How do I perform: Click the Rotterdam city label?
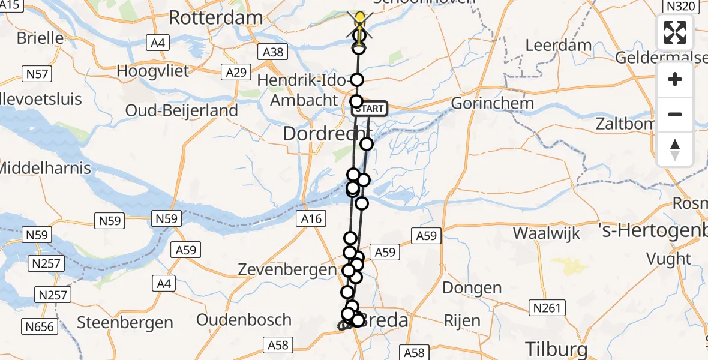216,17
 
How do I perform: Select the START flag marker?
370,109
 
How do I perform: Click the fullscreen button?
675,32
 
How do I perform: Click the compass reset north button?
675,149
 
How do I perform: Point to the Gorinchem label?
492,103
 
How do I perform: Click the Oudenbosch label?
244,320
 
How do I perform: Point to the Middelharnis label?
46,168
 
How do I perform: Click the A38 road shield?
273,52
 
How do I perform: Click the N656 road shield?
39,327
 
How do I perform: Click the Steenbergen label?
125,323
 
